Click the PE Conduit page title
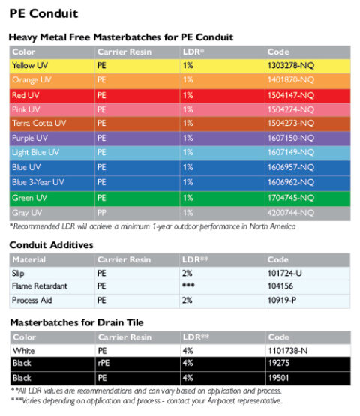click(43, 13)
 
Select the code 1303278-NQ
click(291, 65)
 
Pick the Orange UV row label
click(32, 79)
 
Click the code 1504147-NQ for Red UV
click(291, 94)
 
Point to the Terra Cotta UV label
click(39, 123)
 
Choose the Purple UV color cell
click(31, 138)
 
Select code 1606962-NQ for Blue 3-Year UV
click(291, 181)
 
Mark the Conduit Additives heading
click(50, 244)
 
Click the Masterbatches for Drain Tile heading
click(76, 322)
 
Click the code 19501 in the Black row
click(279, 378)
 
